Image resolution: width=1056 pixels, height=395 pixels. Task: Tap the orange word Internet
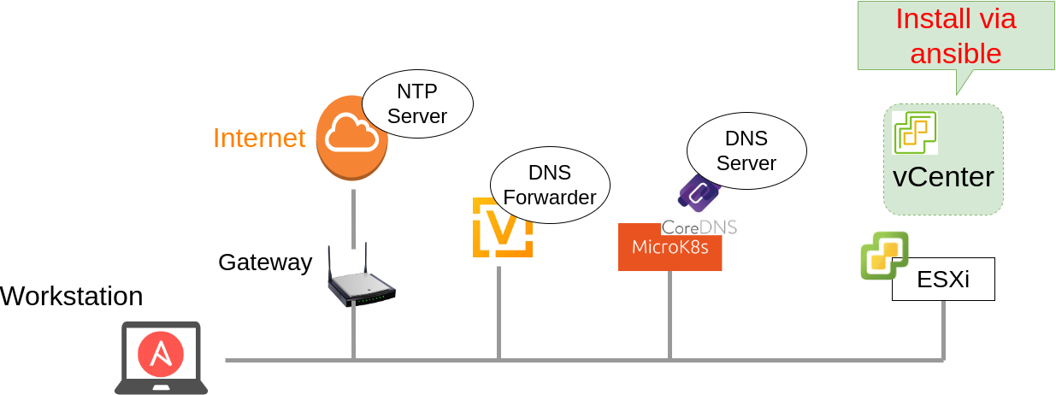[258, 138]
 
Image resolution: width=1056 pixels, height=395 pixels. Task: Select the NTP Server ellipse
[417, 103]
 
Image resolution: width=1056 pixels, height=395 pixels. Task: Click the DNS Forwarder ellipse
[549, 185]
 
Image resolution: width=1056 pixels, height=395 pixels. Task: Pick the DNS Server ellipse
[746, 150]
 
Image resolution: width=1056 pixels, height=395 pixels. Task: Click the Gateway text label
[265, 262]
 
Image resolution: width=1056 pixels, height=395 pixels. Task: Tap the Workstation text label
[72, 297]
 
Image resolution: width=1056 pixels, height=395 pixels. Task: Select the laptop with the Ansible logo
[161, 357]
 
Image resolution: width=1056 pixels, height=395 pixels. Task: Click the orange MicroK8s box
[670, 248]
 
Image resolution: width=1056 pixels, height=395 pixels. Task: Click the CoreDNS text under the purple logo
[699, 227]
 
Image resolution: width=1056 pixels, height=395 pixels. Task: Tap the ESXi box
[943, 280]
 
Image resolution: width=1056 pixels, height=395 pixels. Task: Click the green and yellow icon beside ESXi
[884, 255]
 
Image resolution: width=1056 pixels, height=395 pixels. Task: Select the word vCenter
[942, 177]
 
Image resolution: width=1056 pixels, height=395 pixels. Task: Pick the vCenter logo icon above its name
[914, 133]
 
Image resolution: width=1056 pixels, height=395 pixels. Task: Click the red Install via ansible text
[955, 36]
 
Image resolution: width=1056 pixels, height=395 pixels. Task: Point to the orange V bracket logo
[503, 227]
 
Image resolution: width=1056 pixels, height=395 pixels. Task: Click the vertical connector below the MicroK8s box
[670, 315]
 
